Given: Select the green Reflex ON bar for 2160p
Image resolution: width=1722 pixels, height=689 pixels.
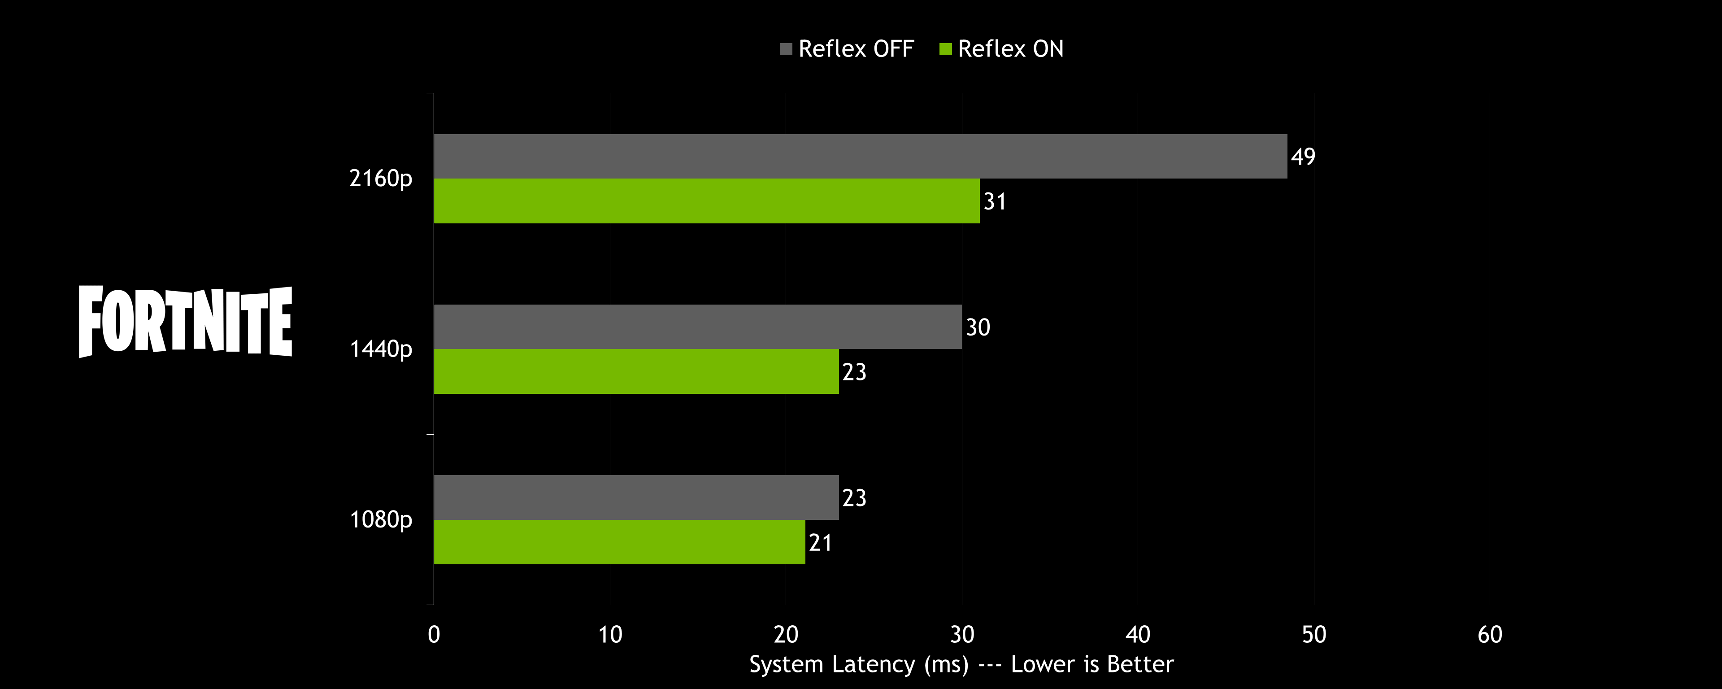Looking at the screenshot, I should [707, 201].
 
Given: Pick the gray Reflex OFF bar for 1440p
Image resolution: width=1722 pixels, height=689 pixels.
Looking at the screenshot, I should [698, 327].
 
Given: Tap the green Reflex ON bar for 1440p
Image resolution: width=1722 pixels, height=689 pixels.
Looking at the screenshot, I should [636, 371].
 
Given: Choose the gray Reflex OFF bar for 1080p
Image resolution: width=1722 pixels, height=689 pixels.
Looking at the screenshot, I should [636, 497].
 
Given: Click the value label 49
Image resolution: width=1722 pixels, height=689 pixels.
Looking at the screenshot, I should [1303, 157].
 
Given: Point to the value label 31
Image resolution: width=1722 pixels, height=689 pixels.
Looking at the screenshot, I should [995, 201].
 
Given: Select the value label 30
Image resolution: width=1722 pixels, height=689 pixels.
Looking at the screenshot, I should [977, 327].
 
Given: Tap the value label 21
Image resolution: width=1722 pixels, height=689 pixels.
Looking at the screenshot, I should [820, 542].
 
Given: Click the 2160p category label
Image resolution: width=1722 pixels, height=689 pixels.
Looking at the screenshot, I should [380, 179].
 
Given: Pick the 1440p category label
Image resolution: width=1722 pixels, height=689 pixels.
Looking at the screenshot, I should [380, 349].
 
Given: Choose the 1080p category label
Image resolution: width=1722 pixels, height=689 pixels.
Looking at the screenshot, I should [380, 520].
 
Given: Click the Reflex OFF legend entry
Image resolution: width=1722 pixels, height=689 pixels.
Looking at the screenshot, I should [848, 49].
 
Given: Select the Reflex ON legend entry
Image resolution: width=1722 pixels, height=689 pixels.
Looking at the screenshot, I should [1002, 49].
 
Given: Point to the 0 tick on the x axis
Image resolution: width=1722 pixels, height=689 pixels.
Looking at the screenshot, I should [434, 634].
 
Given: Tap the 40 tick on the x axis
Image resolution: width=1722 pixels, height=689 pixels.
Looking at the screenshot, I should [1138, 634].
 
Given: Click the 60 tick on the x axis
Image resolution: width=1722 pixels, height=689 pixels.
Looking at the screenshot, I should [1489, 634].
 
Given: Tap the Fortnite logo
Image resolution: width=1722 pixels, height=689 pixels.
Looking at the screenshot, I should [185, 321].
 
